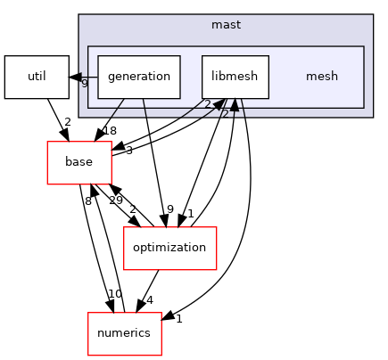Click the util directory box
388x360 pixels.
[x=37, y=77]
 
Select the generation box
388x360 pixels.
[x=139, y=77]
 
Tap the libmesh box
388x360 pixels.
[x=235, y=77]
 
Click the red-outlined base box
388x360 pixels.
[x=79, y=161]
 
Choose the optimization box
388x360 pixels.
[x=169, y=247]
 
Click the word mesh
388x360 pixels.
[x=321, y=77]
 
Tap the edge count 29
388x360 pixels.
[x=116, y=201]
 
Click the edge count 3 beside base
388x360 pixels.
[x=128, y=151]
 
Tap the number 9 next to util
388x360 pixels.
[x=84, y=83]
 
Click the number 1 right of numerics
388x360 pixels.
[x=178, y=318]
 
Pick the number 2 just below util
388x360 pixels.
[x=67, y=121]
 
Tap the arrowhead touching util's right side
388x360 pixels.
[x=75, y=77]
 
